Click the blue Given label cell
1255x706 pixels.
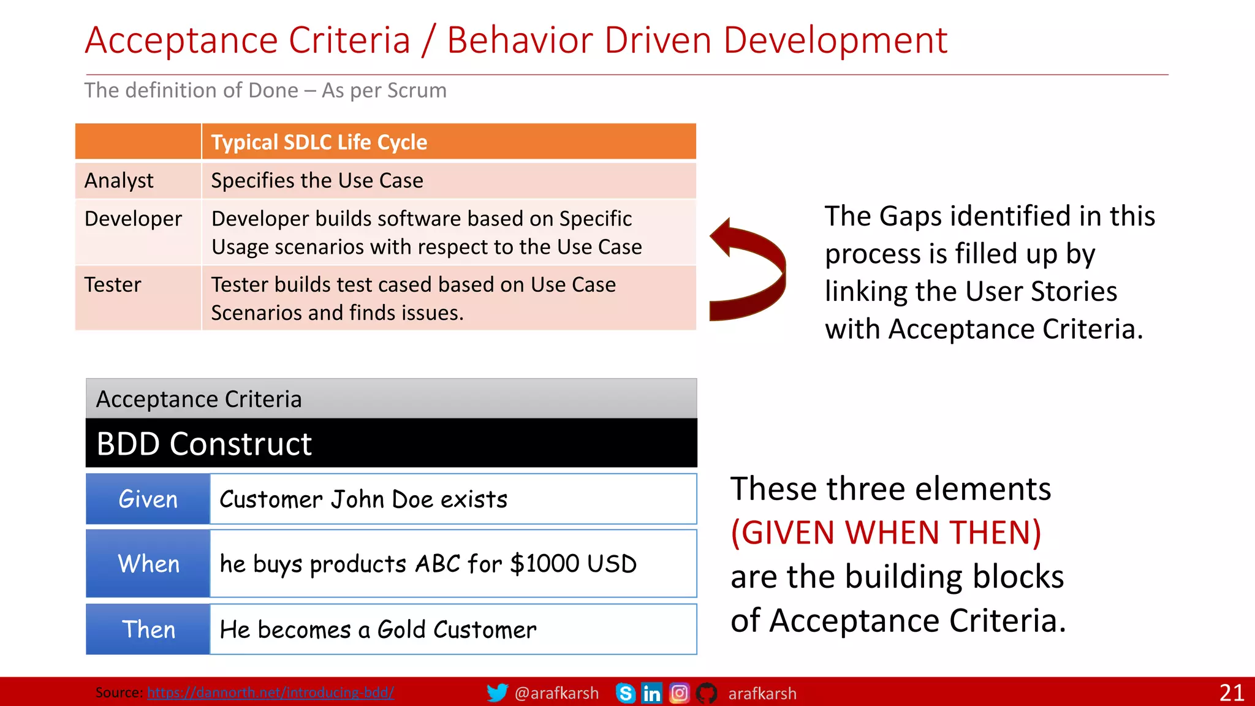(148, 499)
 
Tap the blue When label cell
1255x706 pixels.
(148, 563)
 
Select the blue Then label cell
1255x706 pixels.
(148, 629)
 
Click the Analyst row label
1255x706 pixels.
(119, 181)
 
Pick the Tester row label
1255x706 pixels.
(113, 285)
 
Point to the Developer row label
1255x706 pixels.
(133, 219)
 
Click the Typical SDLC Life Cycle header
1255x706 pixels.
(319, 142)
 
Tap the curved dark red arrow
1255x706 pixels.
(749, 270)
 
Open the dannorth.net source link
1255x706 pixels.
(270, 693)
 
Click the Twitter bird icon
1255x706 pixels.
(497, 693)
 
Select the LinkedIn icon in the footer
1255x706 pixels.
(651, 693)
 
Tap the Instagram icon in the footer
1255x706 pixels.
(679, 693)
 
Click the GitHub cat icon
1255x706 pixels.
(707, 693)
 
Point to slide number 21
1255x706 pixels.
(1231, 693)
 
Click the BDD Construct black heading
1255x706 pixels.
(205, 444)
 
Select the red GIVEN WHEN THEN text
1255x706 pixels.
(886, 532)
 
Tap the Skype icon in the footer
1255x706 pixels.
(625, 693)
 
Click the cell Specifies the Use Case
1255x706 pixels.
(317, 181)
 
